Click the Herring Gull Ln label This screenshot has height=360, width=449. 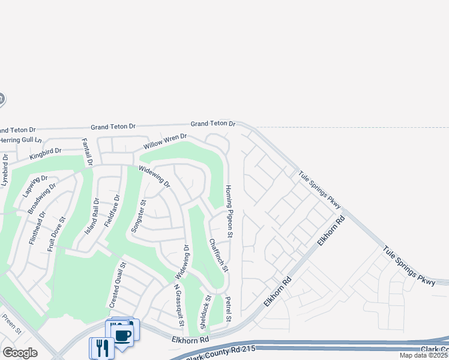[x=22, y=140]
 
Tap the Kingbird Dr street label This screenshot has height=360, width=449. [x=46, y=154]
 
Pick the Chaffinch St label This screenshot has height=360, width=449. [x=218, y=256]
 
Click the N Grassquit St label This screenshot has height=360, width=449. [x=179, y=305]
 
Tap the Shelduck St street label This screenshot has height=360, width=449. [x=206, y=312]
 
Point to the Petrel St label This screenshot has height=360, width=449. [x=228, y=308]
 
